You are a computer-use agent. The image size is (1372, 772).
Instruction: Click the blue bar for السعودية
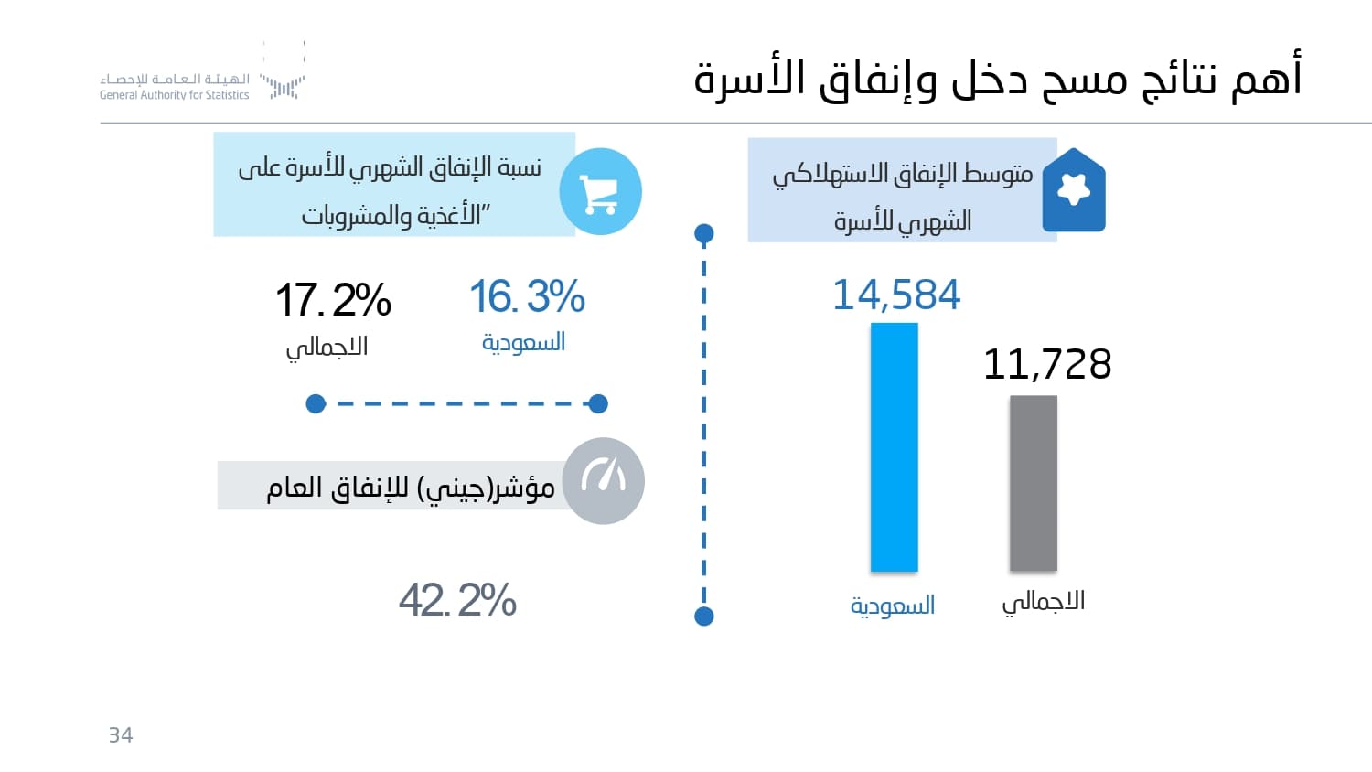click(894, 447)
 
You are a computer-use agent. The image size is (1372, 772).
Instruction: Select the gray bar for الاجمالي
click(1033, 483)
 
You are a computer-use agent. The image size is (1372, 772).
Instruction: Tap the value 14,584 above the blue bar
click(896, 295)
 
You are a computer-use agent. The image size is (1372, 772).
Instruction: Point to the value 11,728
click(1046, 364)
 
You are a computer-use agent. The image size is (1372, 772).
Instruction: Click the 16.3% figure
click(527, 296)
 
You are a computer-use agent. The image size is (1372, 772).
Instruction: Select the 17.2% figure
click(333, 300)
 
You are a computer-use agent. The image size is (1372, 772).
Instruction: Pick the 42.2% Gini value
click(457, 600)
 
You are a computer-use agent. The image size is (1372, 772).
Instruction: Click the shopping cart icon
click(600, 192)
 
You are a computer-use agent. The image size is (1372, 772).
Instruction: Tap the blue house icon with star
click(1074, 190)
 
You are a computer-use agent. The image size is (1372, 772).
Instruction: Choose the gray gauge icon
click(603, 481)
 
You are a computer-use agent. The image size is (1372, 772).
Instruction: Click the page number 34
click(121, 735)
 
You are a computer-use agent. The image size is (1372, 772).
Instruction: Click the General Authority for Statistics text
click(174, 95)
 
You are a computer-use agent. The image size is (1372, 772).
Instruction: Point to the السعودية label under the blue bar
click(892, 606)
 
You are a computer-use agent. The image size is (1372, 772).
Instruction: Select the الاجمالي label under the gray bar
click(1043, 602)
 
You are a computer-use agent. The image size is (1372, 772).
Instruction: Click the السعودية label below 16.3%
click(523, 343)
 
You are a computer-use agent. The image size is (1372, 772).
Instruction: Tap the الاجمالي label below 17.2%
click(327, 348)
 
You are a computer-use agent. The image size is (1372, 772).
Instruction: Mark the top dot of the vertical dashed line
click(704, 233)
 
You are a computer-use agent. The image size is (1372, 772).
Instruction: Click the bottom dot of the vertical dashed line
click(704, 617)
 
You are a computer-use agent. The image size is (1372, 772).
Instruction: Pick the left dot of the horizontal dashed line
click(316, 403)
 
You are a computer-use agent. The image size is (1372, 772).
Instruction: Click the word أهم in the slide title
click(1267, 77)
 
